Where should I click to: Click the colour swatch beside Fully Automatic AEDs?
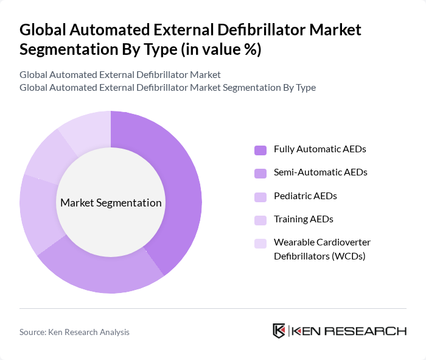click(x=260, y=150)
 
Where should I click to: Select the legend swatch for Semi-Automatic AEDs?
click(x=260, y=173)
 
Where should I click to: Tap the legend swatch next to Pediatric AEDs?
click(x=260, y=197)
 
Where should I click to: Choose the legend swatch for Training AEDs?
click(x=260, y=220)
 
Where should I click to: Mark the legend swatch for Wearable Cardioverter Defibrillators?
click(x=260, y=244)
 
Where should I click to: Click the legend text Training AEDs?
click(x=304, y=219)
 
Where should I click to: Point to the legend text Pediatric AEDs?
click(x=306, y=196)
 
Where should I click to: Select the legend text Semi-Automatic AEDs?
click(x=321, y=172)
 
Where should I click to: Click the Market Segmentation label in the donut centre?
click(x=111, y=203)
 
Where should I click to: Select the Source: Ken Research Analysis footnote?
click(x=74, y=332)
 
